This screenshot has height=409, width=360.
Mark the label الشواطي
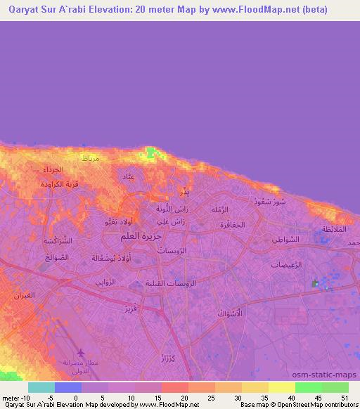point(286,240)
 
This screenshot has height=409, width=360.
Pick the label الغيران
point(25,295)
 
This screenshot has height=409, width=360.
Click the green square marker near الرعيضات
point(314,284)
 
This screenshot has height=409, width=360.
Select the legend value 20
point(184,397)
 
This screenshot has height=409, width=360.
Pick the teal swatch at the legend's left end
point(41,387)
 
